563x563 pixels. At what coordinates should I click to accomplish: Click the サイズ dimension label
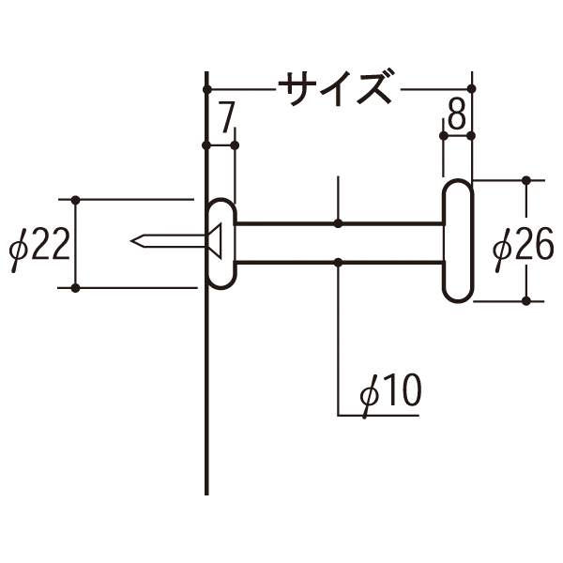coord(335,88)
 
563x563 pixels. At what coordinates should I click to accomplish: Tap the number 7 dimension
coord(226,116)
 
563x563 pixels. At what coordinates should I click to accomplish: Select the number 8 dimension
coord(457,114)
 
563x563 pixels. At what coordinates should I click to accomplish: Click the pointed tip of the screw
coord(131,240)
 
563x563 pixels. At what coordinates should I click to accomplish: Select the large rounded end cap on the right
coord(458,240)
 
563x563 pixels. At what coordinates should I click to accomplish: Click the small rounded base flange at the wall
coord(222,244)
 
